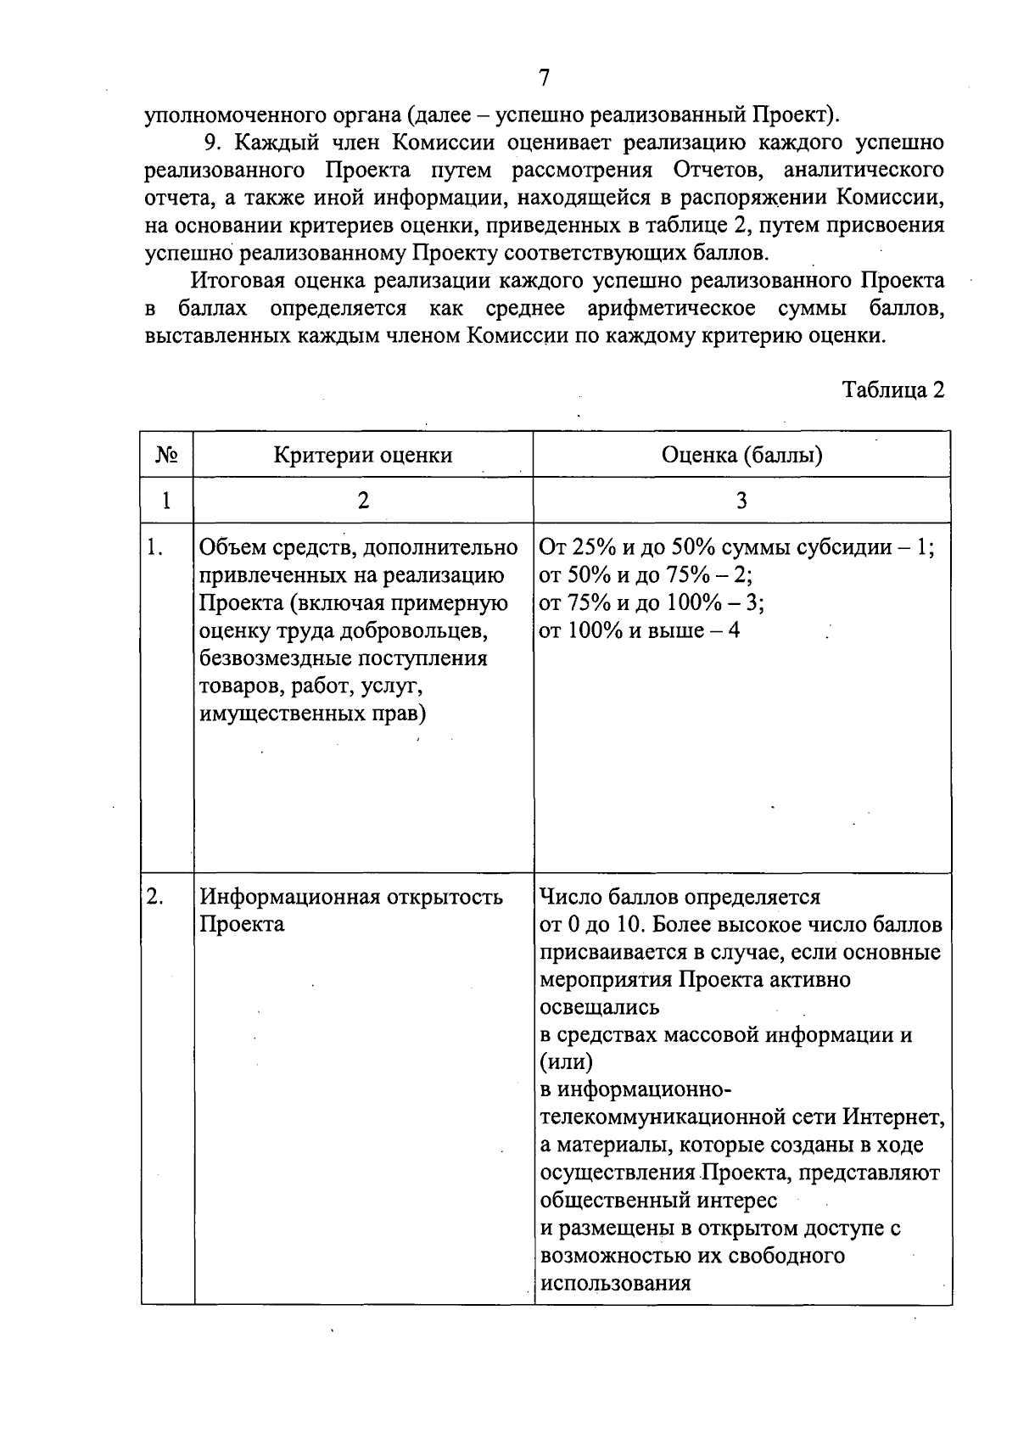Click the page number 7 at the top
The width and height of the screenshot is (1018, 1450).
pos(544,78)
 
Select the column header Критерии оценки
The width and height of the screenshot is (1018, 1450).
pos(362,456)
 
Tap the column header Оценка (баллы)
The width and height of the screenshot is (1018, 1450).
pos(741,456)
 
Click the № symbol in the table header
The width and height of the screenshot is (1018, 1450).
pos(166,456)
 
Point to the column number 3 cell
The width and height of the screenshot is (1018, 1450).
pos(741,501)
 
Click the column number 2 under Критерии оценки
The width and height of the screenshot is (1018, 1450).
pos(362,501)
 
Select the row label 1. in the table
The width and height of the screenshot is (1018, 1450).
pos(154,548)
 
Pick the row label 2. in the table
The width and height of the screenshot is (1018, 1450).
pos(154,897)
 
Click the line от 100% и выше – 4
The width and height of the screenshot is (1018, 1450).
pos(640,630)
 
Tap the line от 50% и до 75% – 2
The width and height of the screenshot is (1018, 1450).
pos(646,575)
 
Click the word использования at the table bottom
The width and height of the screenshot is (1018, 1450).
pos(616,1282)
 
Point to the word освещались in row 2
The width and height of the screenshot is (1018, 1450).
pos(600,1007)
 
